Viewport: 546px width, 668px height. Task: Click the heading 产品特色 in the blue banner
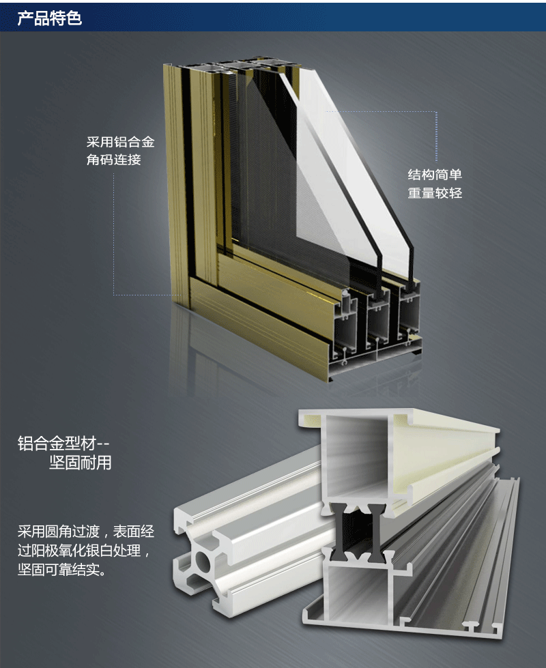(x=49, y=18)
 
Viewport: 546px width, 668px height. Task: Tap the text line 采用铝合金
(x=120, y=142)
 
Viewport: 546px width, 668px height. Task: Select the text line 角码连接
(x=113, y=160)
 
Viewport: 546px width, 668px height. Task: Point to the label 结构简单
(x=435, y=175)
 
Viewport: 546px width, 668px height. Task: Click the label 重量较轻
(x=435, y=193)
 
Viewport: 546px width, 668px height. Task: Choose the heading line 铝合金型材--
(x=63, y=444)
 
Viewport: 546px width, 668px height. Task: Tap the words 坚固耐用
(x=80, y=463)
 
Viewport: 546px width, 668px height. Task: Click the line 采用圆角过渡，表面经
(x=86, y=532)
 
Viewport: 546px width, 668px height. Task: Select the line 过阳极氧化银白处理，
(x=84, y=551)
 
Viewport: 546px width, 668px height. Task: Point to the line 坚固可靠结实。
(x=62, y=569)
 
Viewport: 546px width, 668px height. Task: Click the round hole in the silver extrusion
(x=202, y=562)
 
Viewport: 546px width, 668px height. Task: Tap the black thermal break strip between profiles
(x=357, y=532)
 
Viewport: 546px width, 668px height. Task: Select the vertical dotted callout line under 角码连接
(x=113, y=233)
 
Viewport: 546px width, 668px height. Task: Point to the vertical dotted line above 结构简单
(x=436, y=136)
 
